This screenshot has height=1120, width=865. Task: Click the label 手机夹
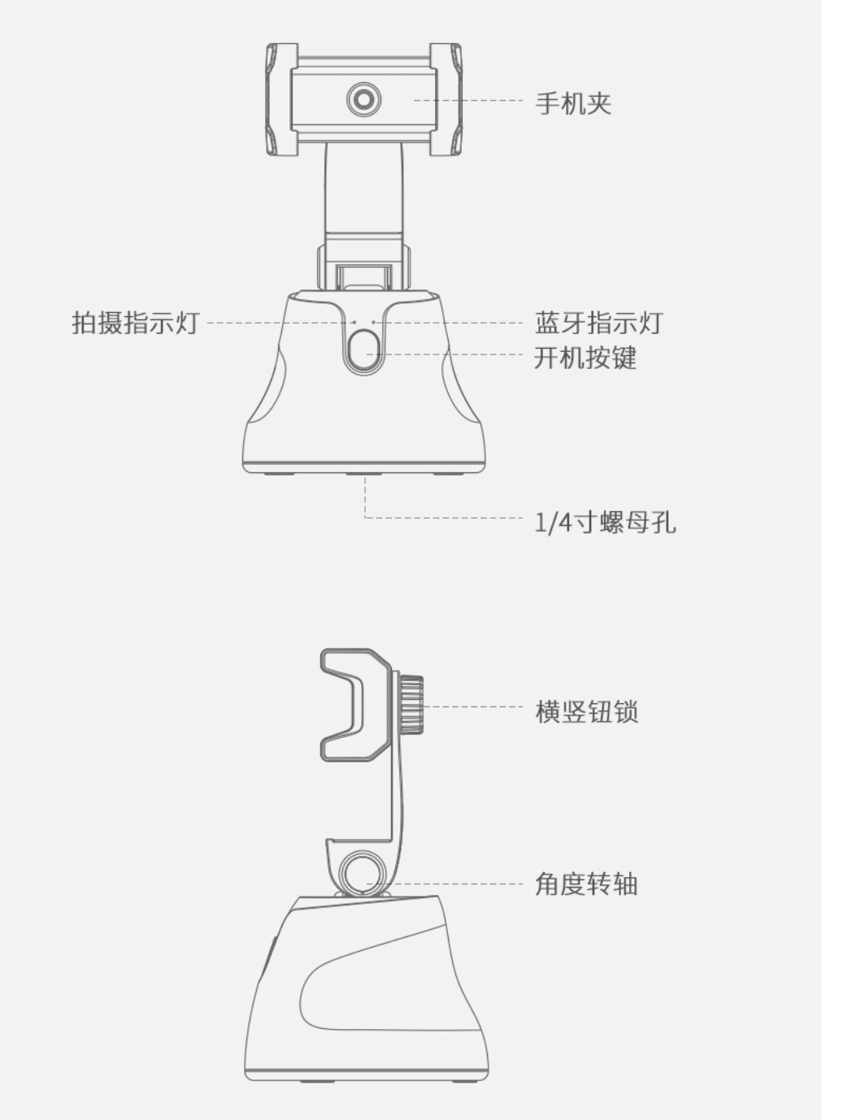[x=573, y=103]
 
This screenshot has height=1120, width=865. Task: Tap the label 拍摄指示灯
[x=135, y=323]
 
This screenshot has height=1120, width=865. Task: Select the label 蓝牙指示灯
[x=598, y=323]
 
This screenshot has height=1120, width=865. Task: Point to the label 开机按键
[x=585, y=358]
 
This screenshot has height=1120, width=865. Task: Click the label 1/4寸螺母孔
[x=605, y=523]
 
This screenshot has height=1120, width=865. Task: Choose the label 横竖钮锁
[x=587, y=712]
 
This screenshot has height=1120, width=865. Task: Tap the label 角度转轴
[x=587, y=884]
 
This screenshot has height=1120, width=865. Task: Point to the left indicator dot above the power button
[x=354, y=322]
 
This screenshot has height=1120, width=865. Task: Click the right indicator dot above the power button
[x=373, y=322]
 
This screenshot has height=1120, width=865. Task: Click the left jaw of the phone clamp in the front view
[x=282, y=99]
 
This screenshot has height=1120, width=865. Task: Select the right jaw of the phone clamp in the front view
[x=446, y=99]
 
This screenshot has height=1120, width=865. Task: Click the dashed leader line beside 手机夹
[x=468, y=101]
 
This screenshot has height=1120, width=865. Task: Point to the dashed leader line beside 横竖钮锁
[x=473, y=706]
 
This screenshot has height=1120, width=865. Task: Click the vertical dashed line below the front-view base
[x=365, y=497]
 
